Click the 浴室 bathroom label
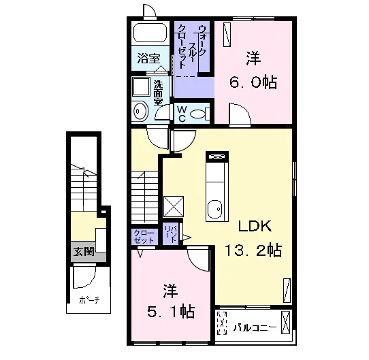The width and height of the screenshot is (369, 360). click(148, 59)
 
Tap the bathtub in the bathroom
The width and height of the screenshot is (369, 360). click(150, 33)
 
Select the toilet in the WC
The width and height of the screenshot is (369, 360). click(199, 114)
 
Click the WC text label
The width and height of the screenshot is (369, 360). click(182, 114)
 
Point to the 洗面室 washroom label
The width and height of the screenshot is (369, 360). click(158, 93)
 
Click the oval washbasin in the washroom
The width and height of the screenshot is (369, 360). click(140, 112)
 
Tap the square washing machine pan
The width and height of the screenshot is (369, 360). click(141, 86)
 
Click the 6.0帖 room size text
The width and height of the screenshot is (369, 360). click(253, 82)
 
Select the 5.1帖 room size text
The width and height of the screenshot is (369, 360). click(171, 312)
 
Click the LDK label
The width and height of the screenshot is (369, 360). click(255, 226)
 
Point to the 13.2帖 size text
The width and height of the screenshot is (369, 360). click(253, 250)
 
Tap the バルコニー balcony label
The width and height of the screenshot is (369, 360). click(255, 327)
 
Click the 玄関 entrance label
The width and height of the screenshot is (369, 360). click(84, 252)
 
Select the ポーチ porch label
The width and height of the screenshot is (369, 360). click(89, 300)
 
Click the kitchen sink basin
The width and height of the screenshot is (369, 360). click(215, 210)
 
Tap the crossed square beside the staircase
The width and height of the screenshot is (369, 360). click(174, 207)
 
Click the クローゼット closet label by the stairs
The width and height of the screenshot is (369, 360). click(144, 237)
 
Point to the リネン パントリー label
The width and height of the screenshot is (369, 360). click(170, 233)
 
